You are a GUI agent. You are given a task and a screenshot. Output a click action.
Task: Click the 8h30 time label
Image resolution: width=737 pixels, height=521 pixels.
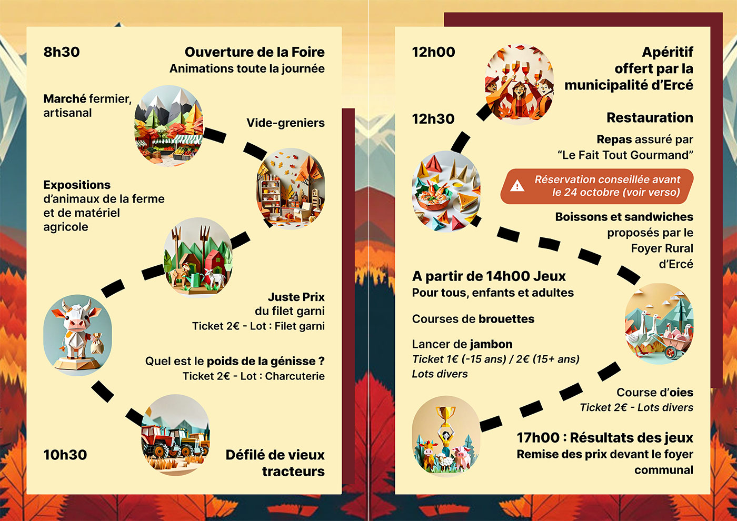(62, 52)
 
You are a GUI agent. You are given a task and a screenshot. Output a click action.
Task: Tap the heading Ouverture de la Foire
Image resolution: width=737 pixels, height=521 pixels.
(255, 52)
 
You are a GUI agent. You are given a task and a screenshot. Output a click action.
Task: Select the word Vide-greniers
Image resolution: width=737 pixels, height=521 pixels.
(285, 123)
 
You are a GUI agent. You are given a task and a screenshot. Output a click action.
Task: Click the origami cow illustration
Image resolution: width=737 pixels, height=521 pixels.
(78, 335)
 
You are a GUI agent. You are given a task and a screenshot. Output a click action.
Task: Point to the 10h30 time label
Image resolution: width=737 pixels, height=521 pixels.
(65, 455)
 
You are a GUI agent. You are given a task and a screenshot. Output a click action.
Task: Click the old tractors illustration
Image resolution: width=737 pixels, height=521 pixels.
(176, 435)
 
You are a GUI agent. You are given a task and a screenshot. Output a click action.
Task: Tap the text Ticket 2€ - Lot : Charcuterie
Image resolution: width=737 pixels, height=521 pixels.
(254, 376)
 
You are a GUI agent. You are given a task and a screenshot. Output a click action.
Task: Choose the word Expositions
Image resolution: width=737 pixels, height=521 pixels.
(77, 185)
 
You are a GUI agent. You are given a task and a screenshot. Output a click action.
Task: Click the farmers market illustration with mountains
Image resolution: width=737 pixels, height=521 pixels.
(169, 126)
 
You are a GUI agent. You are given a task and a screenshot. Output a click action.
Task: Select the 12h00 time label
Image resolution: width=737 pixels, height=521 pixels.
(434, 52)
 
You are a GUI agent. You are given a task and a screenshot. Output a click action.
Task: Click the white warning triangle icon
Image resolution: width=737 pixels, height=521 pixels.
(517, 186)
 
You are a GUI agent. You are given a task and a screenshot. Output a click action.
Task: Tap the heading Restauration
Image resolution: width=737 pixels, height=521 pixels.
(650, 117)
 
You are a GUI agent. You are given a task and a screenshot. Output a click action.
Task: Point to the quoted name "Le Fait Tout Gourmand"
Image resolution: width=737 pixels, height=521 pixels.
(625, 155)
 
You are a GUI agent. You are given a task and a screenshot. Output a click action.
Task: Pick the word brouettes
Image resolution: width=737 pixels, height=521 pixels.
(506, 319)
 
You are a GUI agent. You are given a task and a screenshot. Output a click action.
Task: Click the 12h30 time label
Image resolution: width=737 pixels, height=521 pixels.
(433, 119)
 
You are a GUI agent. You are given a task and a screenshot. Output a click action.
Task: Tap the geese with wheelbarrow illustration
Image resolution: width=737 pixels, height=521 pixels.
(659, 324)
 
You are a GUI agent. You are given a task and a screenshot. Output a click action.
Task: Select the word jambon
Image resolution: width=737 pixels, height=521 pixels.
(491, 344)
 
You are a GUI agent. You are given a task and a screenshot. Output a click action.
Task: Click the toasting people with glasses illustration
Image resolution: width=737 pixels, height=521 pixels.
(519, 84)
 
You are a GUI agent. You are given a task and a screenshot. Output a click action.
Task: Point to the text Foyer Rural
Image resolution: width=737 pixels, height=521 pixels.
(662, 248)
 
